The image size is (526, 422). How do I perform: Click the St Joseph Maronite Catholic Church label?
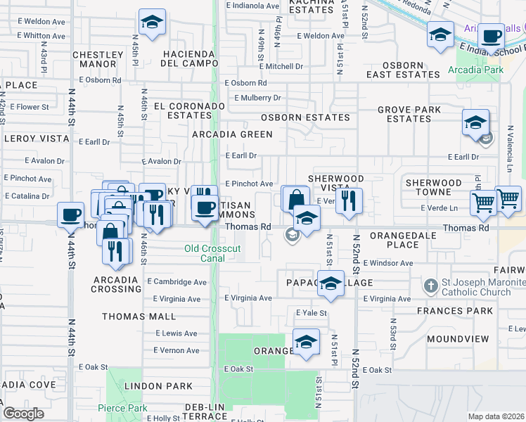[484, 288]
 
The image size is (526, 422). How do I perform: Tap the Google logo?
[23, 414]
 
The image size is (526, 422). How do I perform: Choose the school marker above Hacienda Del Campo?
[151, 22]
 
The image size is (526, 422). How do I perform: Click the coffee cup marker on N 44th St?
[70, 215]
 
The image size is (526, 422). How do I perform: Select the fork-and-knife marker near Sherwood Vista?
[349, 201]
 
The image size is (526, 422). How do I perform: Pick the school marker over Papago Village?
[330, 283]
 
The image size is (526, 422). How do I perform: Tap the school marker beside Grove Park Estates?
[475, 122]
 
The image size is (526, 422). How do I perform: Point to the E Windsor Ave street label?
[387, 263]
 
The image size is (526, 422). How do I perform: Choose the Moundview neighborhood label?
[457, 339]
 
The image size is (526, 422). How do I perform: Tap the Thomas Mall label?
[139, 316]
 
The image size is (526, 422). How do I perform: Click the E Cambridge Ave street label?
[176, 282]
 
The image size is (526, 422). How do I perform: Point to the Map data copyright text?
[496, 416]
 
